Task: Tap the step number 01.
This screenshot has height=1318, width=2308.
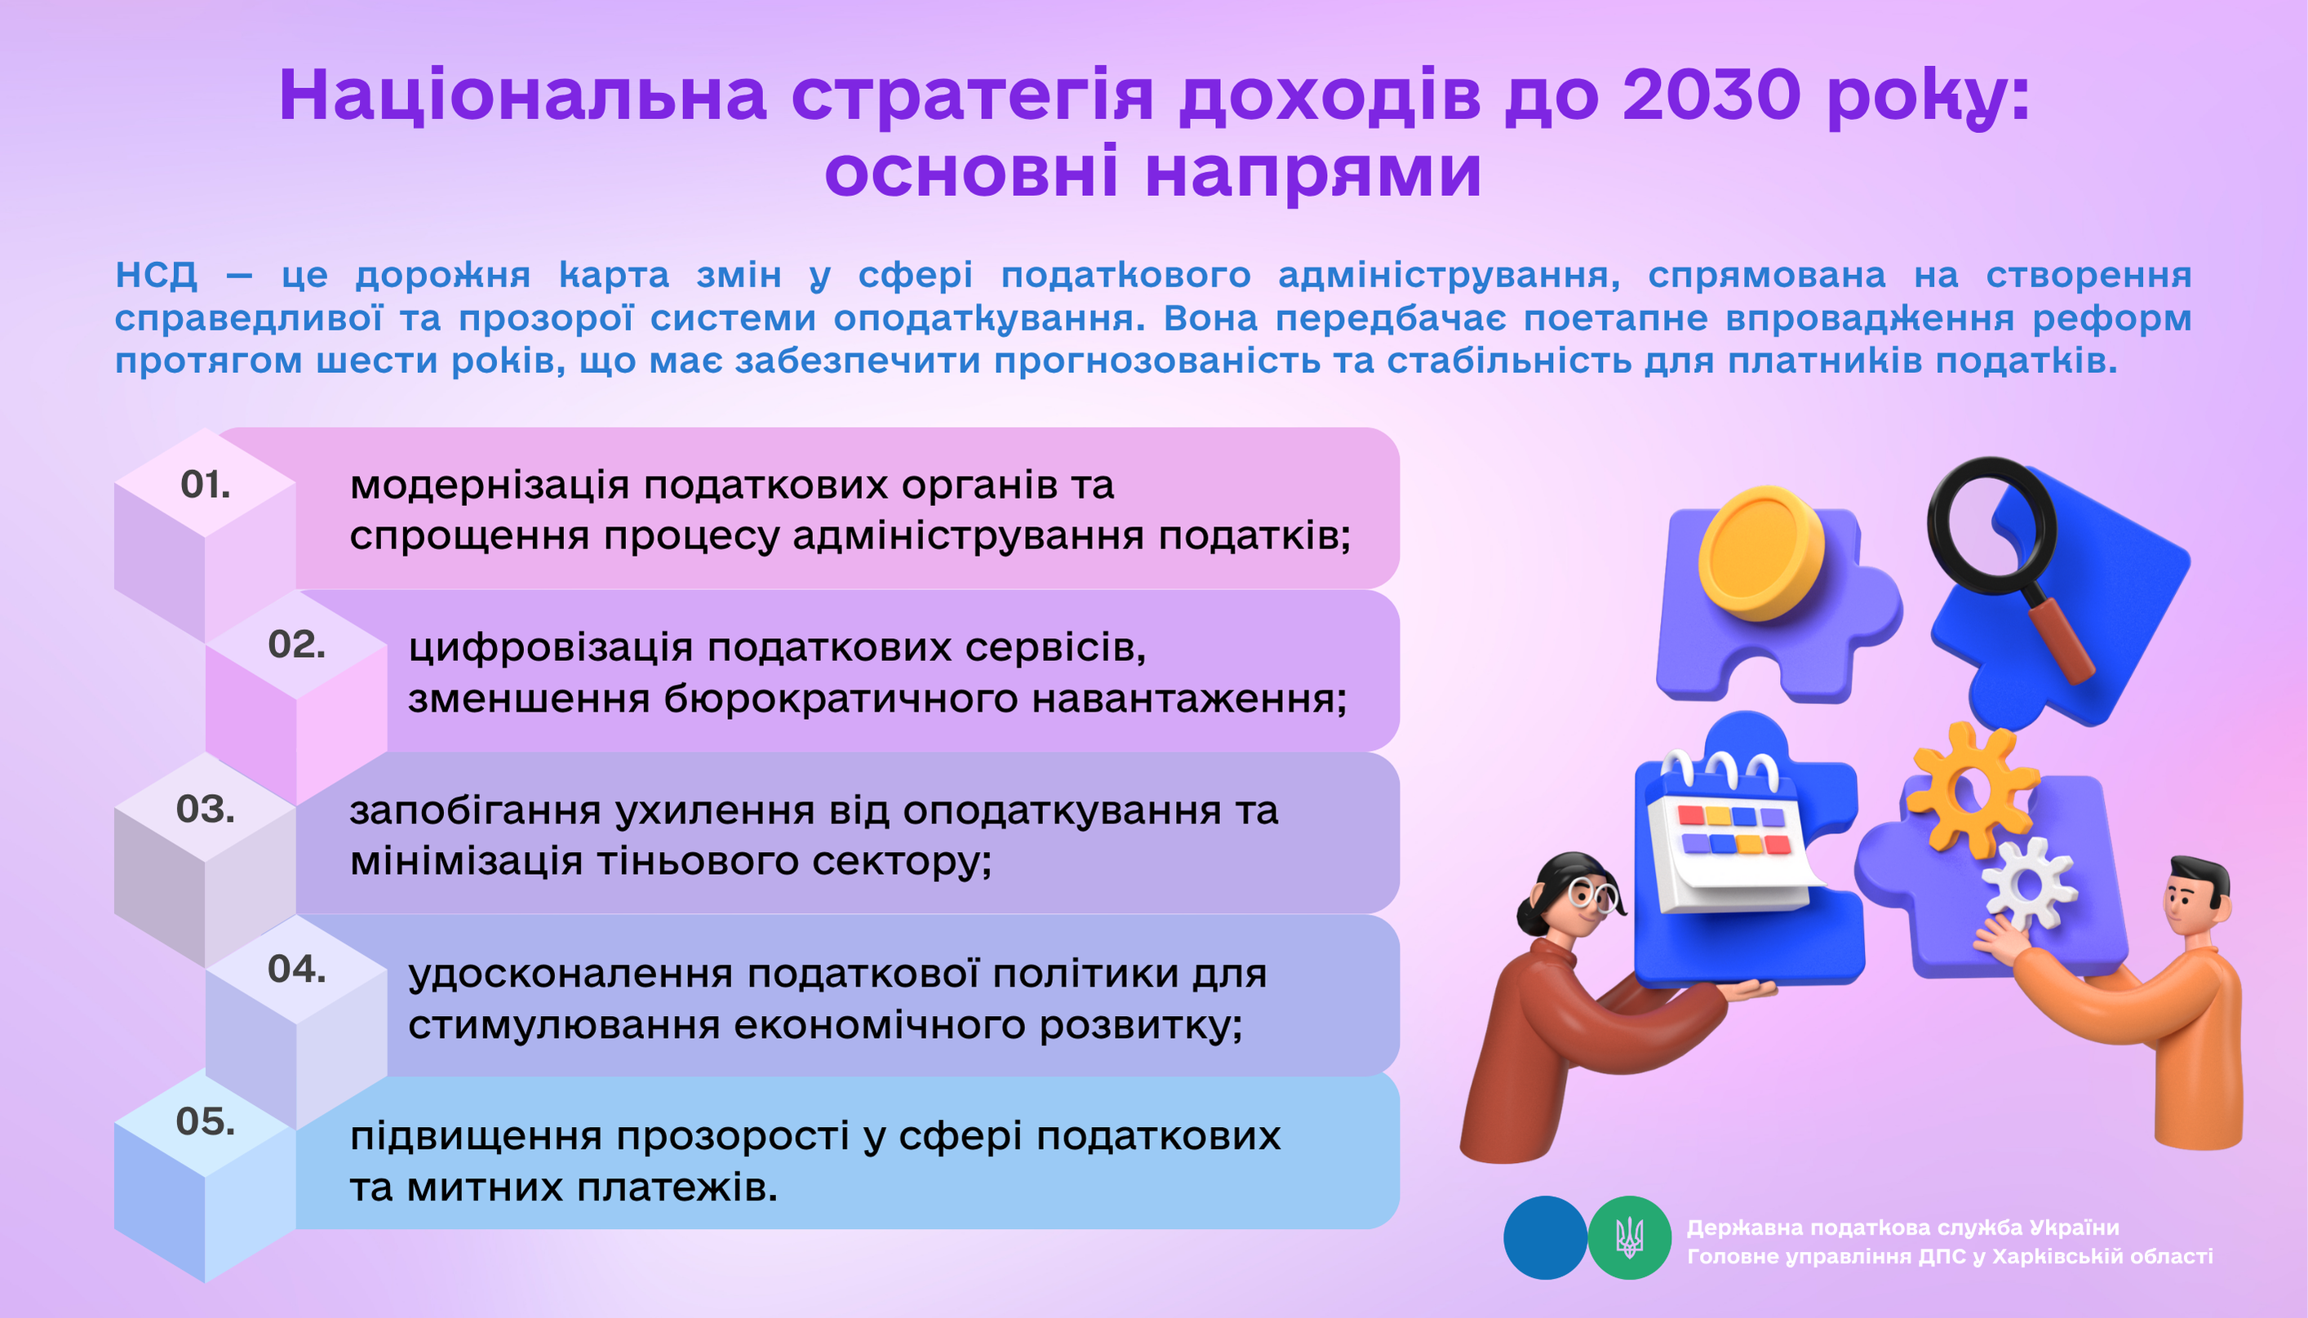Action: pos(206,486)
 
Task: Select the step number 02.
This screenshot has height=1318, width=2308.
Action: pos(297,645)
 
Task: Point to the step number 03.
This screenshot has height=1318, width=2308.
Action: pos(206,809)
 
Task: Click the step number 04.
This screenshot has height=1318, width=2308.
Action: pos(297,970)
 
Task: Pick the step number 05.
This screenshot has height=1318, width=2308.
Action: pos(206,1121)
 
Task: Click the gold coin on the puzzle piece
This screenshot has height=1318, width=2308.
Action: pos(1760,554)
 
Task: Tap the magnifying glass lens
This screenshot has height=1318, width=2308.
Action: pos(1991,526)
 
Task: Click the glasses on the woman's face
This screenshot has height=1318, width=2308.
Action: pos(1593,894)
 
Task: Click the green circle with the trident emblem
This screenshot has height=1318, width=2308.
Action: pos(1629,1237)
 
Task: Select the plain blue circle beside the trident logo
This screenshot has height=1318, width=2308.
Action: pos(1545,1237)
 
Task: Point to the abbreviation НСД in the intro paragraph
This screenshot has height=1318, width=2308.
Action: pos(156,274)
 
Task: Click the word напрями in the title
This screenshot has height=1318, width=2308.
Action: pos(1313,172)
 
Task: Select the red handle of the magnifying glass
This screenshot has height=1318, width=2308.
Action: pos(2061,638)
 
